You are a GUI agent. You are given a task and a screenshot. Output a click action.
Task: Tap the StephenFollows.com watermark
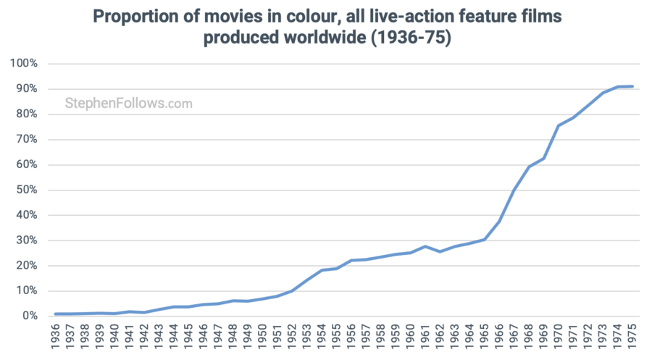tap(129, 104)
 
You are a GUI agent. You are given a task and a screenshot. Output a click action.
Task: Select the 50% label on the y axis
tap(27, 190)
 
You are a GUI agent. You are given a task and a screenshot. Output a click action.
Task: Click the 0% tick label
tap(30, 317)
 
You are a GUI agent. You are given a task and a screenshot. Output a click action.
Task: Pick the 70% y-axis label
tap(27, 139)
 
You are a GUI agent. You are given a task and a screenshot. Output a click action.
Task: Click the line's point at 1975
tap(632, 86)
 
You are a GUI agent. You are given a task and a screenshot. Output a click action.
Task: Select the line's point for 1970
tap(559, 125)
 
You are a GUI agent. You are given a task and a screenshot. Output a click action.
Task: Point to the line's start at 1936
tap(57, 314)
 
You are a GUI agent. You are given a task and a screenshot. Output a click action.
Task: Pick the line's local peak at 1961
tap(426, 246)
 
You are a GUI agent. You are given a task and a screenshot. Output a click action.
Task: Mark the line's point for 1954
tap(322, 270)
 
